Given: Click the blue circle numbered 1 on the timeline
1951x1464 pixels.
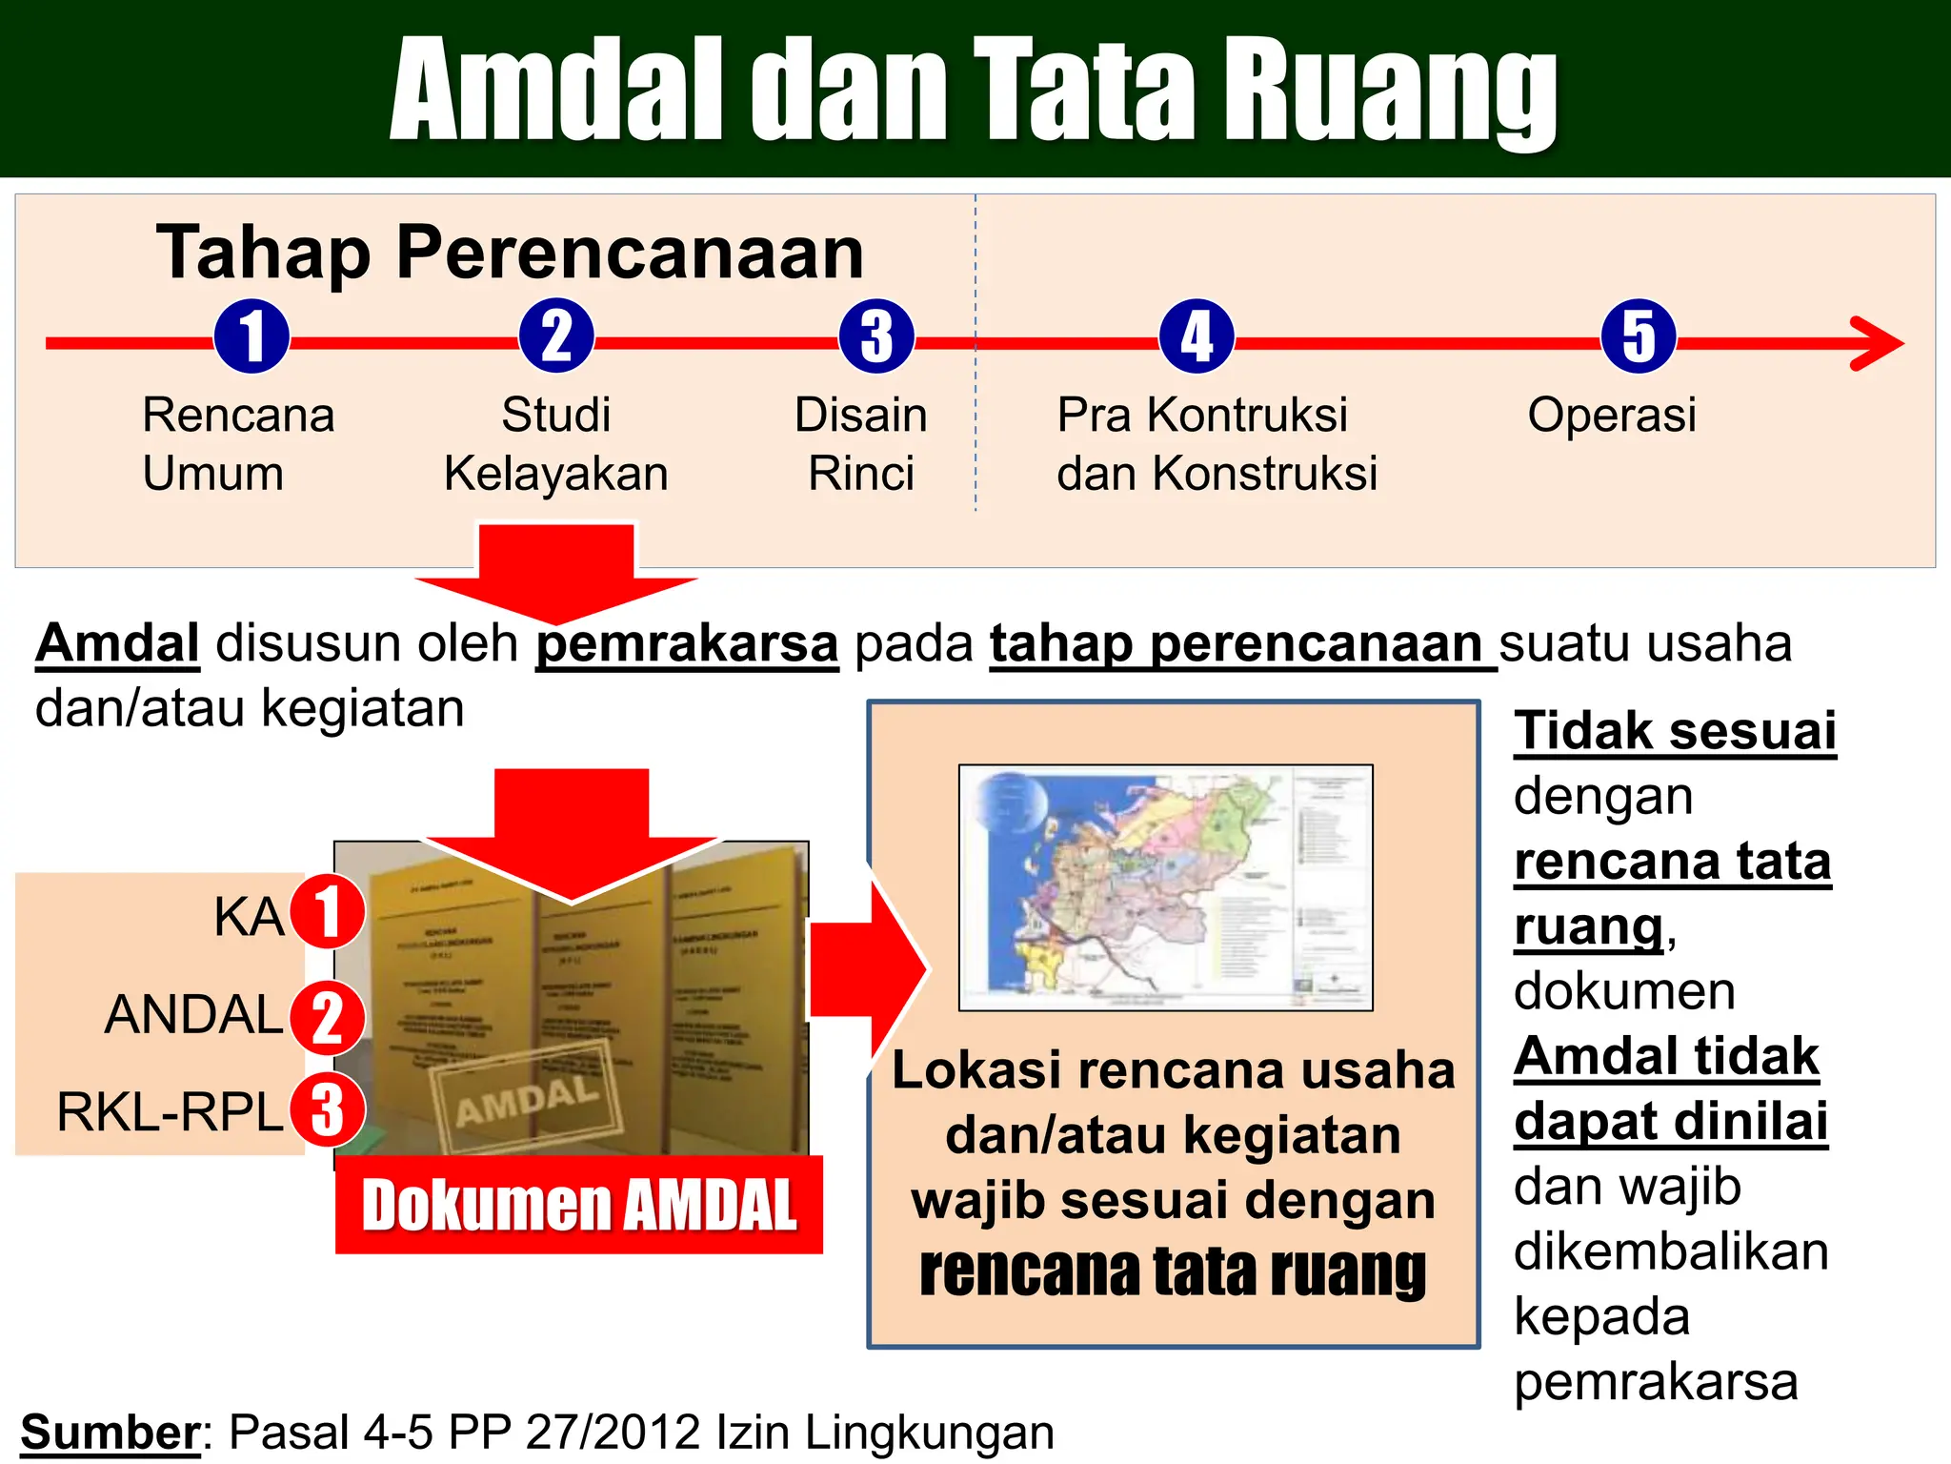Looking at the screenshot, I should [251, 336].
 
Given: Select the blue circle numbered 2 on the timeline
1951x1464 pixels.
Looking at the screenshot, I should [556, 336].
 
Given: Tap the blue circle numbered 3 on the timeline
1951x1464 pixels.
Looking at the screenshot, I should [876, 336].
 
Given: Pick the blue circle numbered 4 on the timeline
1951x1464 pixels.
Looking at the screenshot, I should [1197, 336].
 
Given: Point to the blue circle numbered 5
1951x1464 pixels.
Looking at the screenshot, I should [1639, 336].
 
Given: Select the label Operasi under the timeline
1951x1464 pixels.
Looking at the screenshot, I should [1612, 416].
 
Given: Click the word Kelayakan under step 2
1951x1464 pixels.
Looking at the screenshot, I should [556, 474].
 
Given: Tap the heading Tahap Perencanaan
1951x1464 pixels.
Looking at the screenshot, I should [511, 253].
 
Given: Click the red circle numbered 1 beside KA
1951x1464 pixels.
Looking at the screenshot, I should [328, 912].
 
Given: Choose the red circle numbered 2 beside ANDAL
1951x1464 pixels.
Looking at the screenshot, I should [328, 1017].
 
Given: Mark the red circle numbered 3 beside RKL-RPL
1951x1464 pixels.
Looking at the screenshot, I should [328, 1109].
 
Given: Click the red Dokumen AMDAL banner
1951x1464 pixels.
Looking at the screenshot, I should [579, 1205].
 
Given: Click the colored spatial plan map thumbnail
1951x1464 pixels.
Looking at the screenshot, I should [1165, 886].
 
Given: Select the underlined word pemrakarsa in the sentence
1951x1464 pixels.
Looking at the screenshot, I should [687, 644].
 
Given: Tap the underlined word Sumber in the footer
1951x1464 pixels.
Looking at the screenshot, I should [111, 1432].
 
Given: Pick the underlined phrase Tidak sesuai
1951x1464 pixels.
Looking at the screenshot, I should [1675, 731].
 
